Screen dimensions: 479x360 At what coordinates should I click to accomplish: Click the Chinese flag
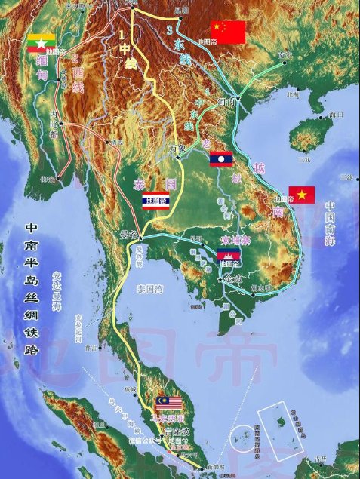click(229, 32)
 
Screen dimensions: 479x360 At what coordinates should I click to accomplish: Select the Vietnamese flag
click(301, 195)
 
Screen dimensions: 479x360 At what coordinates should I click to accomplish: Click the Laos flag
click(221, 159)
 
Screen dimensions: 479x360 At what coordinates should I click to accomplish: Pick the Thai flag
click(155, 198)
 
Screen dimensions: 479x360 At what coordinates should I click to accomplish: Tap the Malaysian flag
click(168, 403)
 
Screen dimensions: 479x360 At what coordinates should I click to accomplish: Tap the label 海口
click(335, 115)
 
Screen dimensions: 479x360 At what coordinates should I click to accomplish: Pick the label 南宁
click(284, 55)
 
